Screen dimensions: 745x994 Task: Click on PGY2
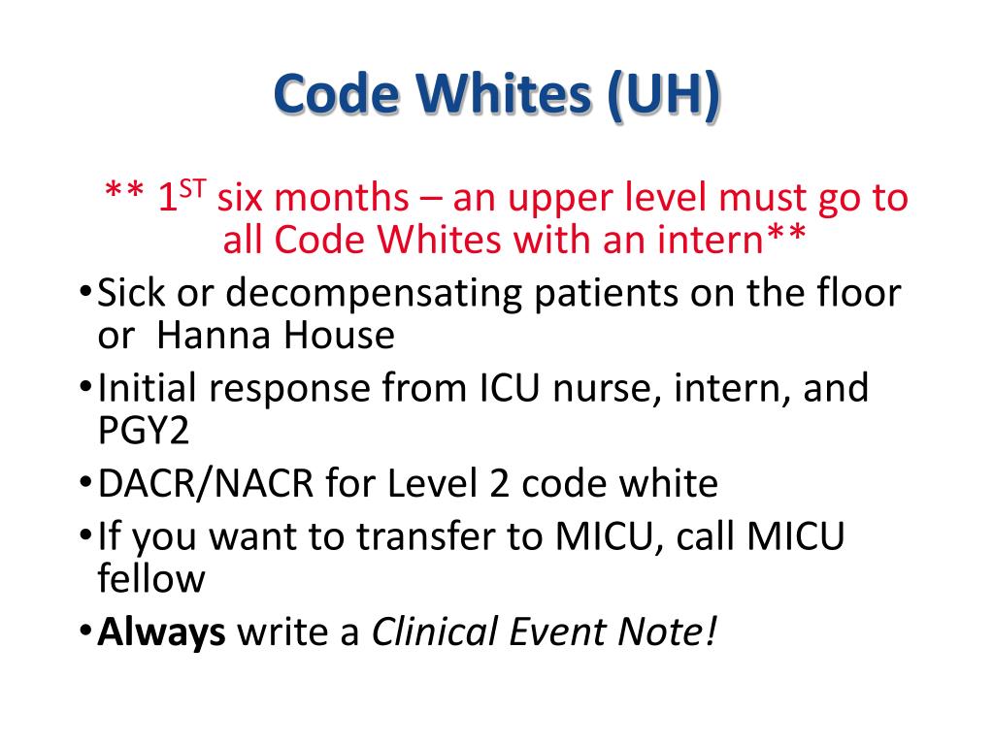click(144, 431)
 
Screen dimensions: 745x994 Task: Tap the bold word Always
click(162, 632)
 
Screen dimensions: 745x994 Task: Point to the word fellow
click(151, 579)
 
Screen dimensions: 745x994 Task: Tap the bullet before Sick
click(85, 293)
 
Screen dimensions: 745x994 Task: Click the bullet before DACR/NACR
click(85, 483)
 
